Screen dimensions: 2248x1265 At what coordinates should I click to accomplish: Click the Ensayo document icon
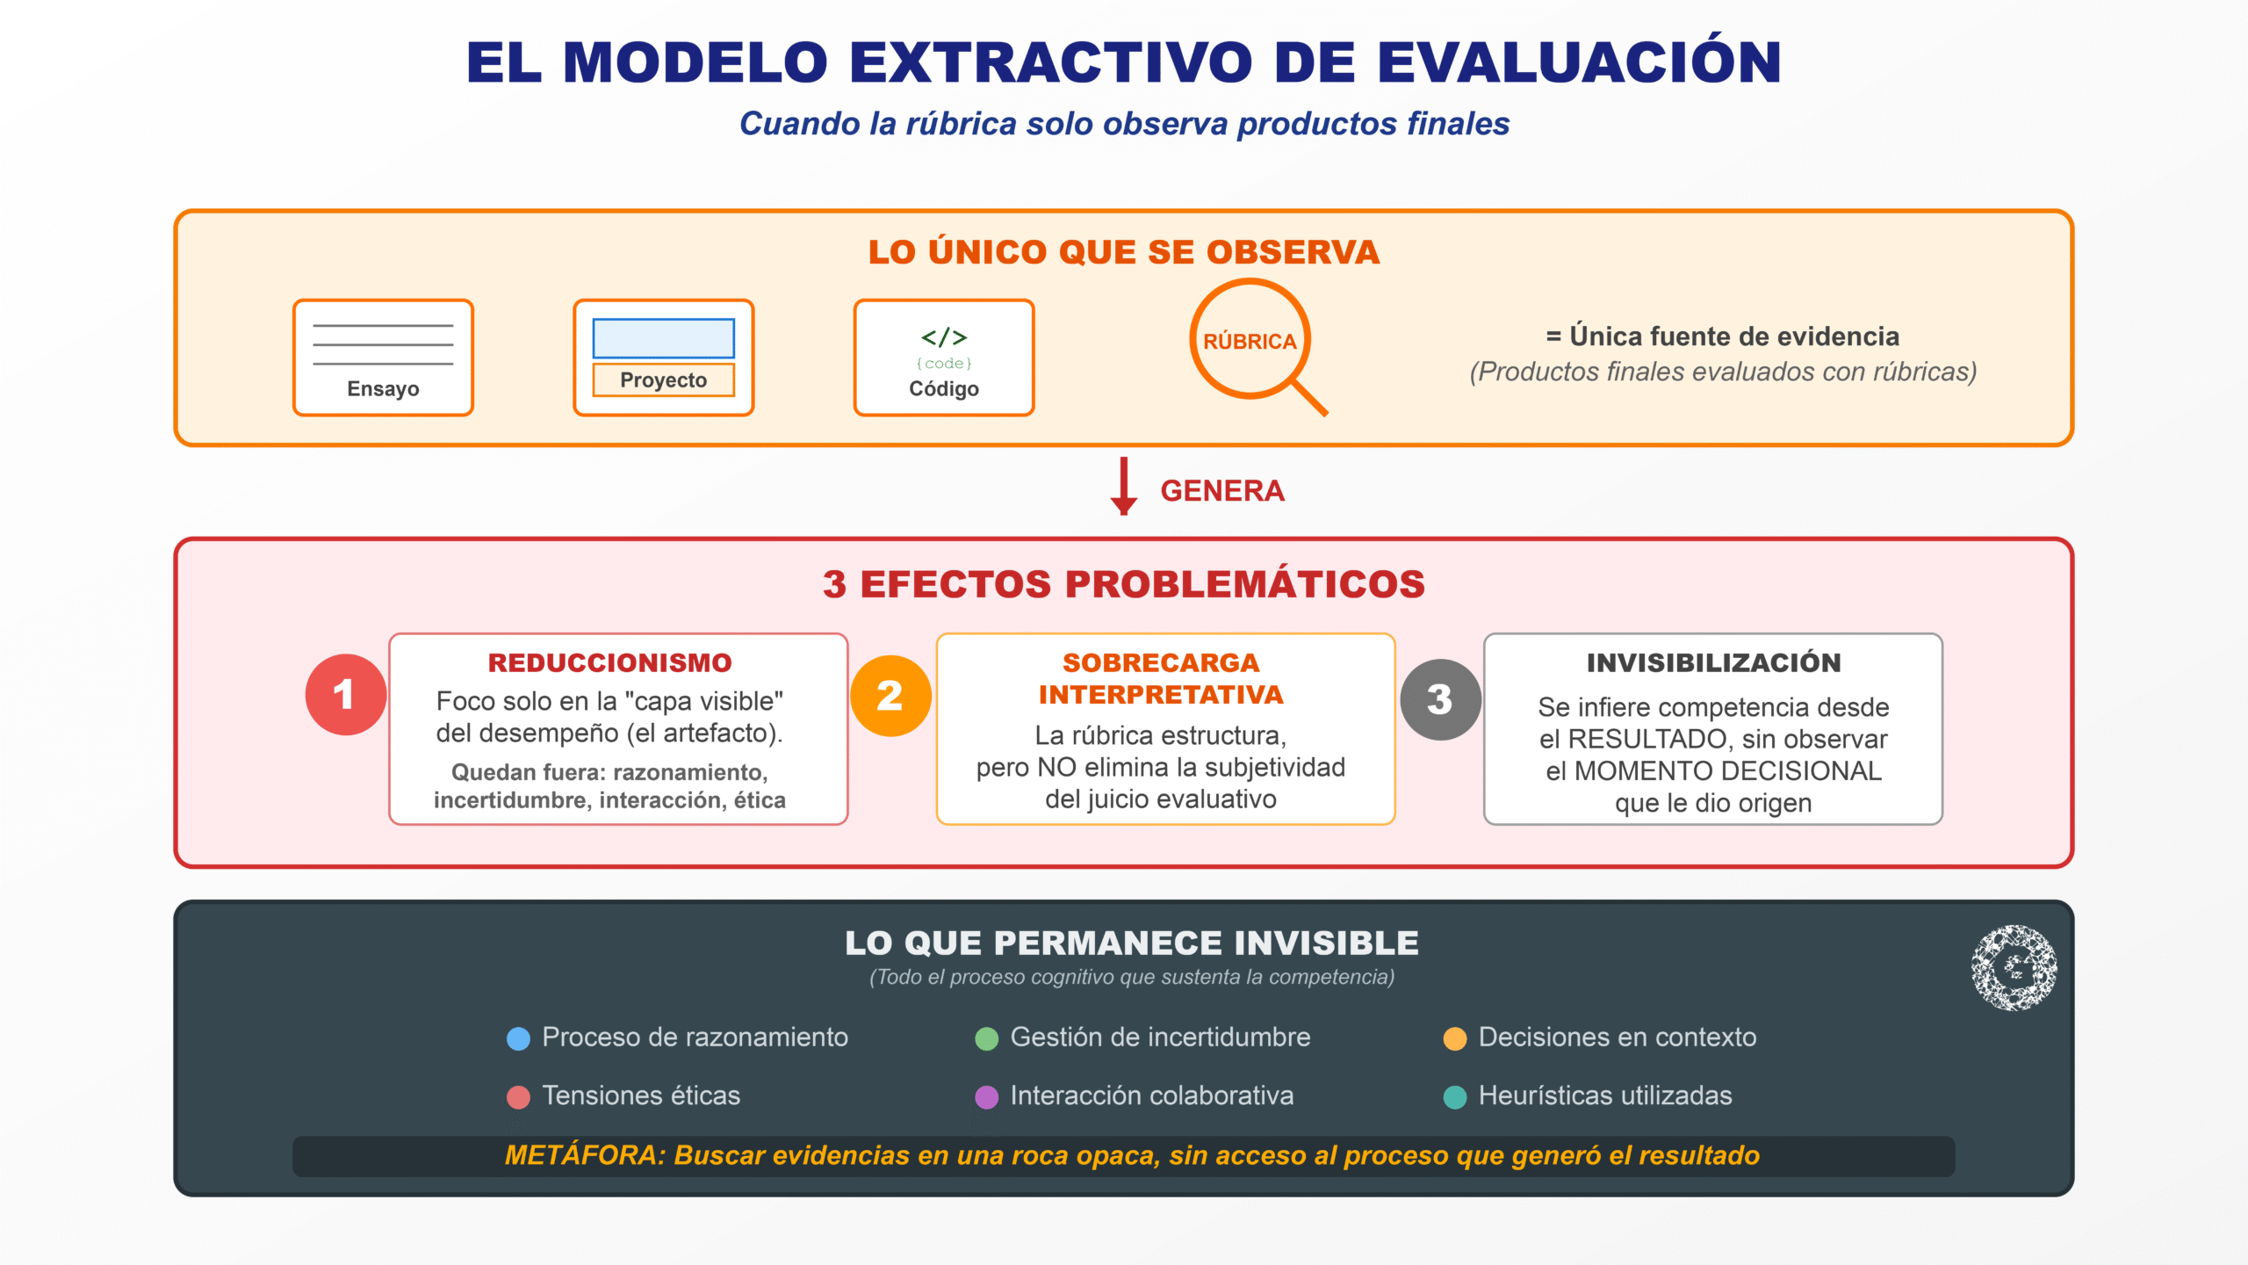pos(383,358)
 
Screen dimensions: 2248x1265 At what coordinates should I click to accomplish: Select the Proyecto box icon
pos(664,358)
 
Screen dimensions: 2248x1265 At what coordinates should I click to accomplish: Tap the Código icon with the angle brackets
pos(944,358)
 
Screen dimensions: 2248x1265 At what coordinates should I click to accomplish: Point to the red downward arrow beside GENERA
pos(1123,486)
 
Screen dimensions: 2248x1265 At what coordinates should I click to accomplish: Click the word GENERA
pos(1222,491)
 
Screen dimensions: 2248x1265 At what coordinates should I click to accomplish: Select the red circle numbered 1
pos(346,695)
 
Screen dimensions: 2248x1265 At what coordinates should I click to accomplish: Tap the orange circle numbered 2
pos(890,696)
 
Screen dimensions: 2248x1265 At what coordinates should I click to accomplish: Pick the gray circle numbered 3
pos(1440,700)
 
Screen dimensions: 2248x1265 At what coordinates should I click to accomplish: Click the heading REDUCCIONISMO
pos(609,663)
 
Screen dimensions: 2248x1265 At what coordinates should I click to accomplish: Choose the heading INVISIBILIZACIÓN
pos(1713,663)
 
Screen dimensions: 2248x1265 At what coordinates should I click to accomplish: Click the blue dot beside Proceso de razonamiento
pos(519,1039)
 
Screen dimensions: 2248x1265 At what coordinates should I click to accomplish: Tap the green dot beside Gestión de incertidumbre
pos(987,1039)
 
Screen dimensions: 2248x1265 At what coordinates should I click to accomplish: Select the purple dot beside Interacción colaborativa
pos(987,1097)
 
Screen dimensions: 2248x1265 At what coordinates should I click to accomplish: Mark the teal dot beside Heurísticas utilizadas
pos(1455,1097)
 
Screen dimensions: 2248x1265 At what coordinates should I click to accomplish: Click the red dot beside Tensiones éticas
pos(519,1097)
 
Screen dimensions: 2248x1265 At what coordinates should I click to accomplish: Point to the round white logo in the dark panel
pos(2014,968)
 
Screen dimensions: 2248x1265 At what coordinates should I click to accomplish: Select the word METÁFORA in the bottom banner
pos(585,1155)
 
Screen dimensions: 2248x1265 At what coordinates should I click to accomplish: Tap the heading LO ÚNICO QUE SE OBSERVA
pos(1124,253)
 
